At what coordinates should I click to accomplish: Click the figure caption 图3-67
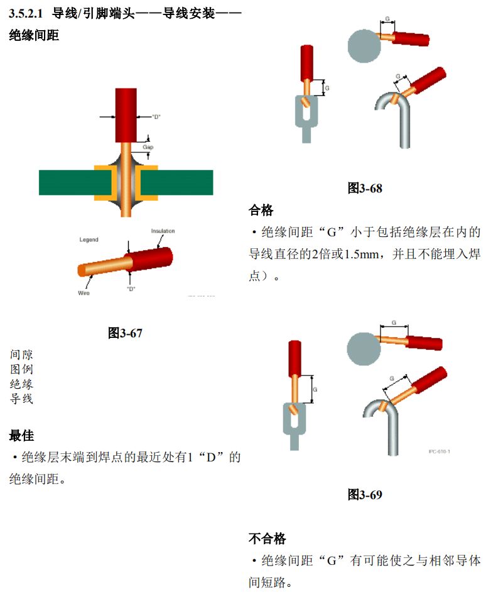(x=125, y=333)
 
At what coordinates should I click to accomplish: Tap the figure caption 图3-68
(x=365, y=188)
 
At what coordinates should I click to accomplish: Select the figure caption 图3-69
(x=365, y=494)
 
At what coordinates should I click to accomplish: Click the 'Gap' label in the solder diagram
(x=148, y=147)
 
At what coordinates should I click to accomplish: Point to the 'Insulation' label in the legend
(x=163, y=231)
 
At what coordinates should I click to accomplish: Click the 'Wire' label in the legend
(x=84, y=293)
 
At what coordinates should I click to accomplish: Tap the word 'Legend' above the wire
(x=89, y=240)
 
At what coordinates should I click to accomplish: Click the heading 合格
(x=261, y=210)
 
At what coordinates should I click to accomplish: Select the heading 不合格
(x=267, y=538)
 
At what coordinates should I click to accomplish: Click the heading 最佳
(x=21, y=435)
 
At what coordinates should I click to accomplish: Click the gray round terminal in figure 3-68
(x=364, y=46)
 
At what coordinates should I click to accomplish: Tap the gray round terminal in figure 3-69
(x=364, y=349)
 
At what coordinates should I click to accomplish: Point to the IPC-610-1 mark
(x=440, y=451)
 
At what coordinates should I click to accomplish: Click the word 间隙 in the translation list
(x=21, y=354)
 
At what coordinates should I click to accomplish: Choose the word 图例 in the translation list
(x=21, y=369)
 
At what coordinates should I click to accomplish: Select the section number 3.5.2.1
(x=26, y=14)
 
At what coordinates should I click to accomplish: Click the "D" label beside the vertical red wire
(x=156, y=117)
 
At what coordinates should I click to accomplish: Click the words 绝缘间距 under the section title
(x=34, y=35)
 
